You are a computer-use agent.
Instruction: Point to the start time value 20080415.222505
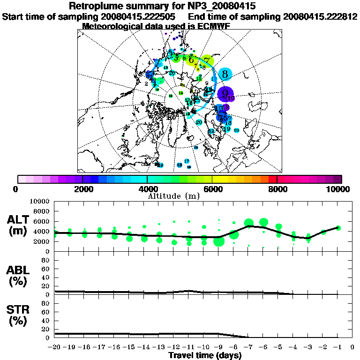[139, 16]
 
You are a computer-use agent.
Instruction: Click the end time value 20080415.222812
[321, 16]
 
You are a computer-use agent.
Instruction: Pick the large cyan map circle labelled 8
[225, 74]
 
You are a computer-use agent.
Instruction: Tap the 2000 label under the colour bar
[82, 189]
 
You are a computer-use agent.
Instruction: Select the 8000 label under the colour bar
[277, 189]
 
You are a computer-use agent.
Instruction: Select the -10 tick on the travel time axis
[203, 347]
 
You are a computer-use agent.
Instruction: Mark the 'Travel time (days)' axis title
[205, 355]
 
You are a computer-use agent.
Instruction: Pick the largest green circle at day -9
[218, 241]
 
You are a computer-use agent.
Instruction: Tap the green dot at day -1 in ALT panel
[338, 228]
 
